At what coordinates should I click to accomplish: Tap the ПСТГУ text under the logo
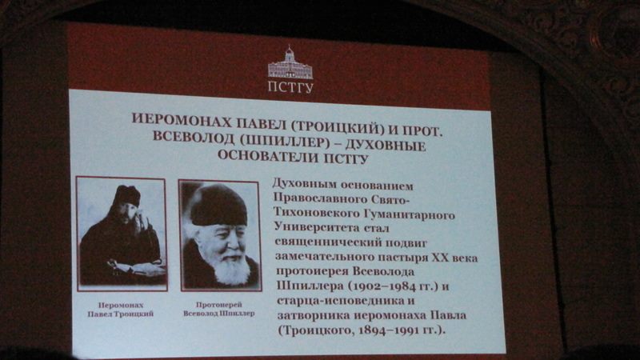point(290,87)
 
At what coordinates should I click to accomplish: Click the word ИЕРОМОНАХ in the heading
point(181,118)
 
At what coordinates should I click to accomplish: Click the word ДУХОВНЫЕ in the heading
point(386,146)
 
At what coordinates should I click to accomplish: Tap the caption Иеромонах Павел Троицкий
point(121,310)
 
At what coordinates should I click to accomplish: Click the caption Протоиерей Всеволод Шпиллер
point(218,309)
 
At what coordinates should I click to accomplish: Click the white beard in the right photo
point(230,270)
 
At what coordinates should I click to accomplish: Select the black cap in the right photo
point(218,205)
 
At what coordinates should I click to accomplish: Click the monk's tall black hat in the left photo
point(127,195)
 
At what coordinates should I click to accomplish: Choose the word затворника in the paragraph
point(314,315)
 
